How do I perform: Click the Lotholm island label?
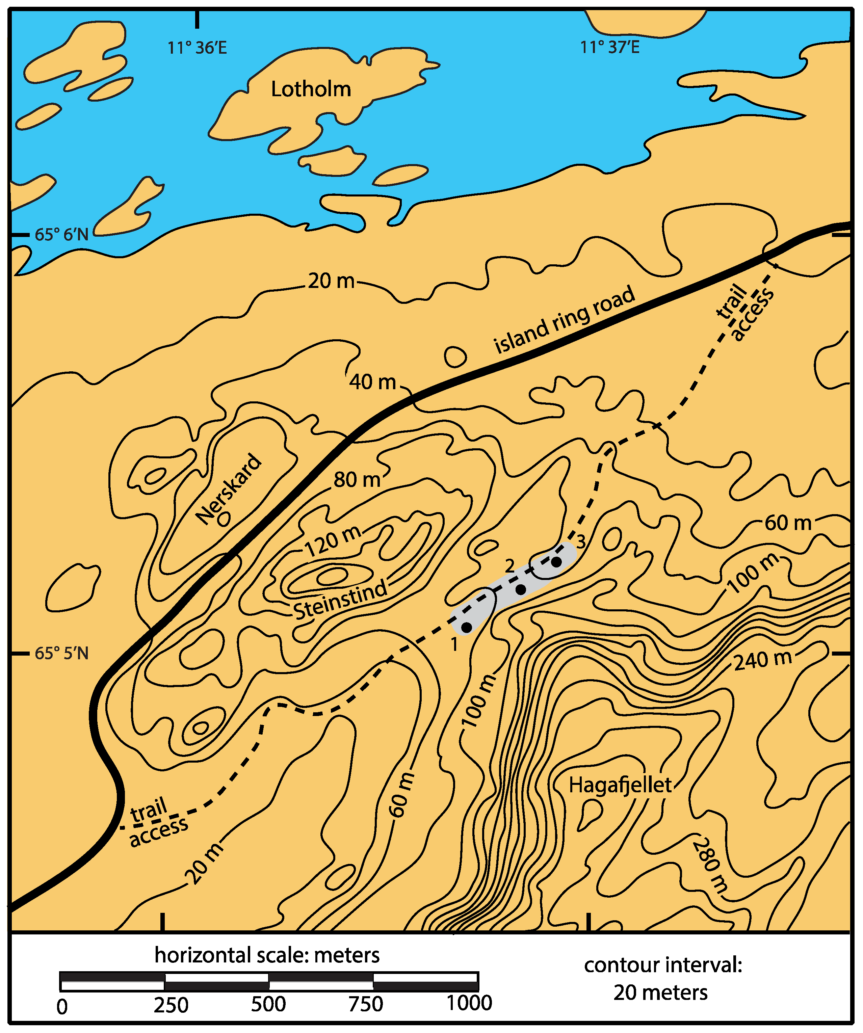[x=311, y=89]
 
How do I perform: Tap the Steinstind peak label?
[x=340, y=600]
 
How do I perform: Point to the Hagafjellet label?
[x=620, y=785]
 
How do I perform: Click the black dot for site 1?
[x=466, y=627]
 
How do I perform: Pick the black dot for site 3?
[x=556, y=562]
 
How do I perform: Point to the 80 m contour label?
[x=357, y=480]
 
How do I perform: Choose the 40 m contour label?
[x=372, y=382]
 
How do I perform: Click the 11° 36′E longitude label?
[x=197, y=48]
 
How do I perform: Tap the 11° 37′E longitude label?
[x=610, y=47]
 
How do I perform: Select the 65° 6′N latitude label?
[x=61, y=235]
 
